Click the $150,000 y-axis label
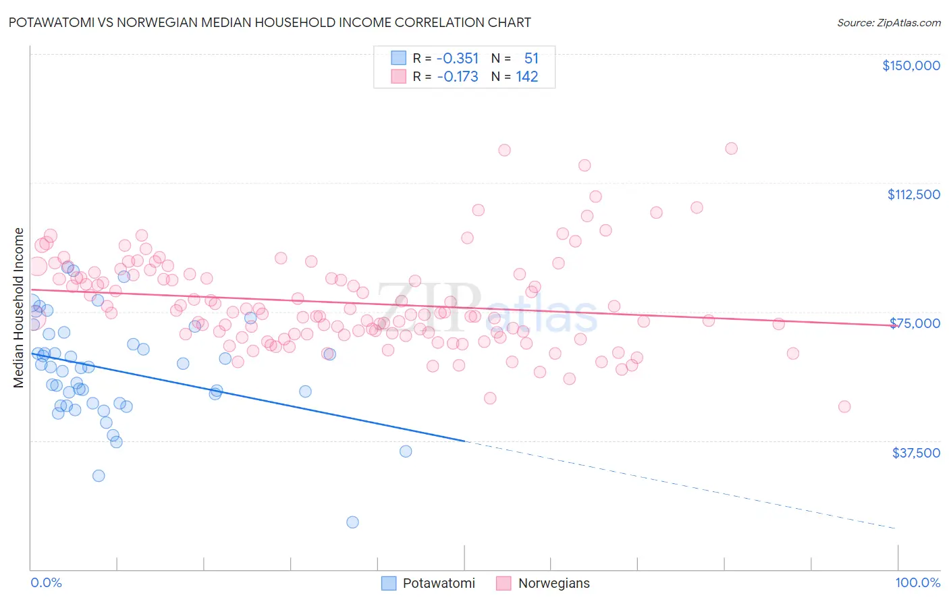[x=911, y=65]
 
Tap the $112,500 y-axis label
[x=913, y=194]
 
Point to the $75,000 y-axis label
[x=915, y=323]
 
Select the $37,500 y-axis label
[x=915, y=453]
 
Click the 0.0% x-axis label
[x=46, y=582]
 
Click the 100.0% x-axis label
[x=917, y=582]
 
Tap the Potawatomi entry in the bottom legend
[x=439, y=583]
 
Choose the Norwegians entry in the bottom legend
[x=553, y=583]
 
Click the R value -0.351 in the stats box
[x=457, y=59]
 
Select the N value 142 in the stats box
[x=527, y=77]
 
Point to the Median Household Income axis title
[x=19, y=308]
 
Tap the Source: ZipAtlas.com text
[x=888, y=22]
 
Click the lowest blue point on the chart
[x=352, y=522]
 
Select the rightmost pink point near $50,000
[x=844, y=406]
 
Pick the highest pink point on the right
[x=731, y=148]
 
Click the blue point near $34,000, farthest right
[x=406, y=451]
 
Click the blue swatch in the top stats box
[x=399, y=58]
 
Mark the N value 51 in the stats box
[x=531, y=59]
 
